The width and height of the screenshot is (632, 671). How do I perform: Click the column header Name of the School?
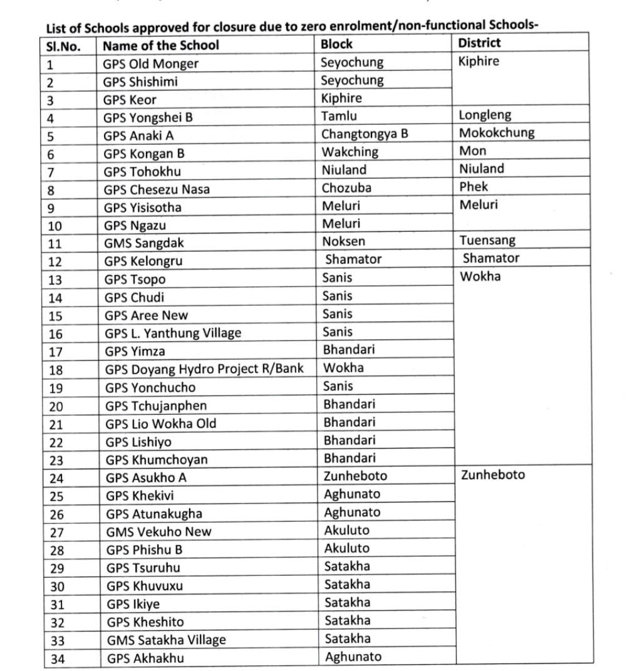tap(161, 45)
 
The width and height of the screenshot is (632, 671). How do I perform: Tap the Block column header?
tap(336, 44)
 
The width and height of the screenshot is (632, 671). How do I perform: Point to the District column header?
tap(479, 43)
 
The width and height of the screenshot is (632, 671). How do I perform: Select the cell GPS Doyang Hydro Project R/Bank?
tap(204, 369)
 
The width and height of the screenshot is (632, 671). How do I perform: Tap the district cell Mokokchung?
tap(497, 133)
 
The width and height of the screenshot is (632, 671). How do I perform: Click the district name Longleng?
tap(485, 115)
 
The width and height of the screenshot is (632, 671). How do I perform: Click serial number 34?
tap(57, 658)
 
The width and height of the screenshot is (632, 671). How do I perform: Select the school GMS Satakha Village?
tap(166, 640)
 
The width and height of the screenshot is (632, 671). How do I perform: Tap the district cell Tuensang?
tap(488, 241)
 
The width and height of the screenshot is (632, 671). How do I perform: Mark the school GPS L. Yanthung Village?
tap(173, 333)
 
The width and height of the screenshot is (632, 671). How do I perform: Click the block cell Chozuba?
tap(346, 187)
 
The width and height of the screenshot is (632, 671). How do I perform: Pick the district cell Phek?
tap(473, 187)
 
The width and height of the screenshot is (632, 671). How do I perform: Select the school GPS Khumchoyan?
tap(156, 460)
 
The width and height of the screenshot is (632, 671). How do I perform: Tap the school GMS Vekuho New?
tap(158, 532)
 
